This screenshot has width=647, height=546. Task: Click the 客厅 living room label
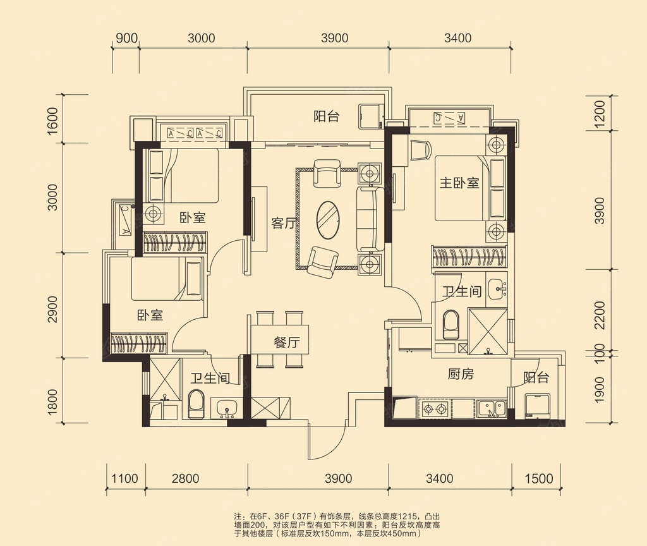coord(284,223)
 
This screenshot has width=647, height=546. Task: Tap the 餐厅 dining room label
coord(286,342)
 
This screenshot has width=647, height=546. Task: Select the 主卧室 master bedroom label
coord(459,182)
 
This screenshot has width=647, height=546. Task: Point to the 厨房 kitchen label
coord(461,374)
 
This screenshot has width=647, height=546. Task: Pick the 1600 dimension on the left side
coord(52,121)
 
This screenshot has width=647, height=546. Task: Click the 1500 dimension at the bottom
coord(539,478)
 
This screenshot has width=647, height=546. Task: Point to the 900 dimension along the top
coord(126,38)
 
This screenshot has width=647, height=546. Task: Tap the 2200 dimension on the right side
coord(599,315)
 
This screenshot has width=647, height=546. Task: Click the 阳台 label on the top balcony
coord(327,116)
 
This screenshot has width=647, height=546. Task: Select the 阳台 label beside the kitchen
coord(536,377)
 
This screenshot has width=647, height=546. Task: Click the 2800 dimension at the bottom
coord(186,478)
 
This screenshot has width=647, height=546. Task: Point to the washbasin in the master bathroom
coord(497,289)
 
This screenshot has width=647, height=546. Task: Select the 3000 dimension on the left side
coord(52,197)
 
